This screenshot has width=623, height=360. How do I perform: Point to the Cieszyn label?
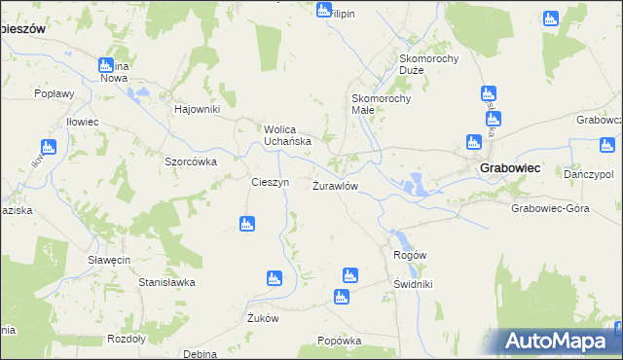click(270, 182)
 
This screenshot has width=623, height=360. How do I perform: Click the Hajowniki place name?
click(198, 108)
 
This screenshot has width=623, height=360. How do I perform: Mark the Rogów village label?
click(410, 254)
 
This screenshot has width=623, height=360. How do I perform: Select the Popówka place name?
click(340, 341)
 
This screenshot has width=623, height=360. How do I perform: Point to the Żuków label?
click(264, 317)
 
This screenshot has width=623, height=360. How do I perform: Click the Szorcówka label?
click(190, 162)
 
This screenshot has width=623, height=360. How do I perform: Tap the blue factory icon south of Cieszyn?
click(247, 225)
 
